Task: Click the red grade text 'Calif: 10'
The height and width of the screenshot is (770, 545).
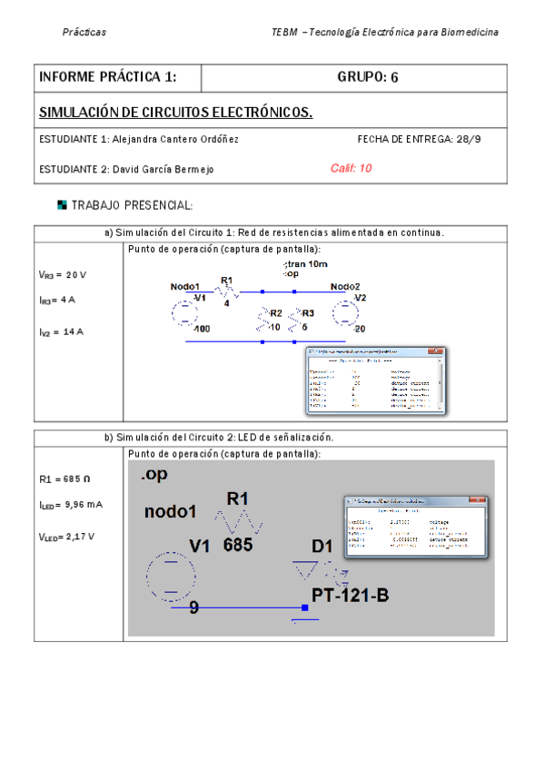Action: [351, 168]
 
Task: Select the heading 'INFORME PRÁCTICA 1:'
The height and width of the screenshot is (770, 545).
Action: [107, 77]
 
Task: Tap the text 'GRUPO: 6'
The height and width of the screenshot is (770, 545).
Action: [368, 77]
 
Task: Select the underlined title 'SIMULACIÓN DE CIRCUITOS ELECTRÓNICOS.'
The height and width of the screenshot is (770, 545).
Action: [176, 113]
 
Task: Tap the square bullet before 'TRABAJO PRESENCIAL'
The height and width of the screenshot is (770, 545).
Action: [62, 205]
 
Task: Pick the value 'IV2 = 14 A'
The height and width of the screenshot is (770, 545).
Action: [61, 331]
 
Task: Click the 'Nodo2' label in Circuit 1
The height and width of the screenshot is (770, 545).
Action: [345, 286]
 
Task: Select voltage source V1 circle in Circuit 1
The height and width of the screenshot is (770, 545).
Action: [184, 314]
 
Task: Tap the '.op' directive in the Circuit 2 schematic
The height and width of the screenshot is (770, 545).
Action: [154, 475]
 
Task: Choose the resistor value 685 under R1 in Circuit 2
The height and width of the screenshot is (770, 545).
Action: [238, 546]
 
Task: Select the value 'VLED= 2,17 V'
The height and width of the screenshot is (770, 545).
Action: [66, 537]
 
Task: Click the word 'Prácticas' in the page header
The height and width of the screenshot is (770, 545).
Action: [84, 33]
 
